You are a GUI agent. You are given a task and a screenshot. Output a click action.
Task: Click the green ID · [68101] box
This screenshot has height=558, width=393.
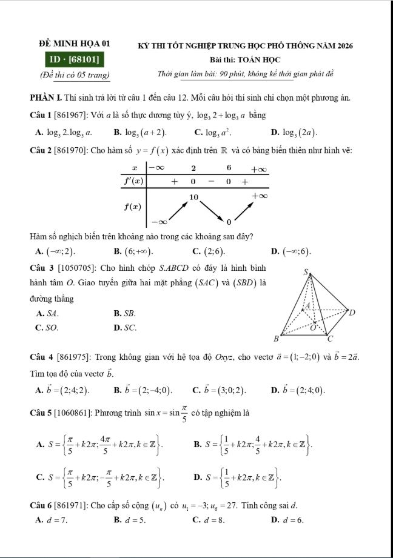[x=75, y=60]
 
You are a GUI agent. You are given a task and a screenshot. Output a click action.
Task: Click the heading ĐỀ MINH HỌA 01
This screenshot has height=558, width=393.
[x=75, y=44]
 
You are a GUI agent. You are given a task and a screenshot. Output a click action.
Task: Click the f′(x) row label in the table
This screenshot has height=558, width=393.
[x=133, y=181]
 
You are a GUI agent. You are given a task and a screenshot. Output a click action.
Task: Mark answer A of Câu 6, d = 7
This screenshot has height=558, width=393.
[x=52, y=519]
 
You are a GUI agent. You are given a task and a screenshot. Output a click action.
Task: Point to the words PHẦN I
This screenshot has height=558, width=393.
[x=42, y=98]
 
